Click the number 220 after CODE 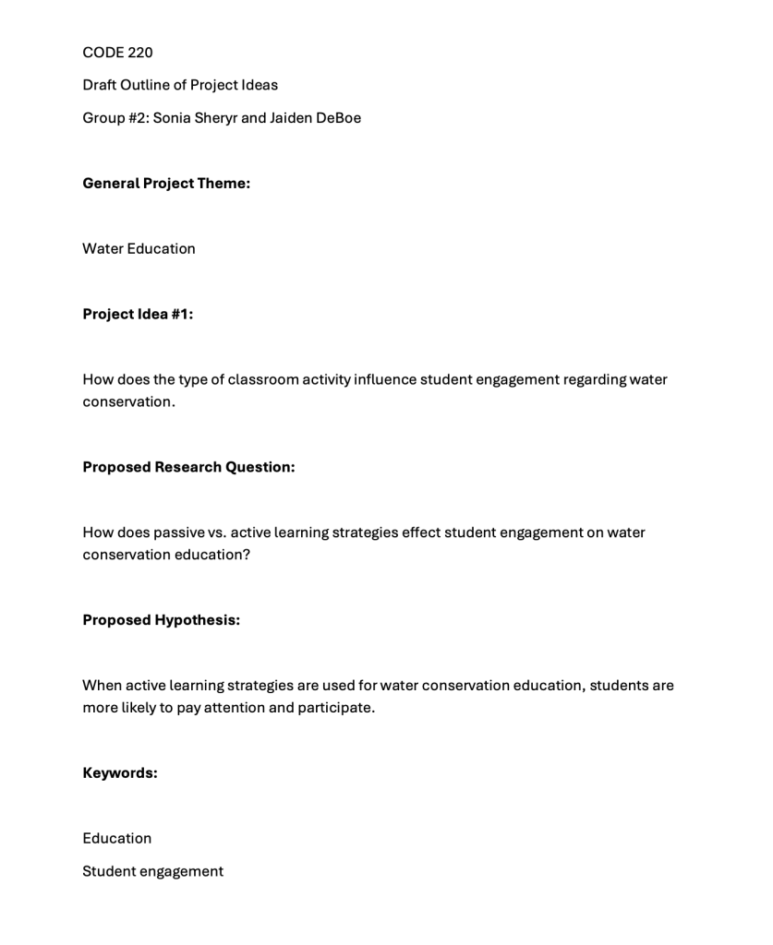click(x=140, y=53)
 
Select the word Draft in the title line click(x=99, y=85)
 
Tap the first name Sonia click(x=172, y=118)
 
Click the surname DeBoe click(x=338, y=118)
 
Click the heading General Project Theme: click(x=166, y=184)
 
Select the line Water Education click(x=139, y=248)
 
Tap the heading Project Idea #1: click(x=138, y=314)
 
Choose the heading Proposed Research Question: click(x=188, y=467)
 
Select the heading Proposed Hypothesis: click(x=161, y=620)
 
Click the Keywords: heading click(x=120, y=773)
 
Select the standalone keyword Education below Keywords click(x=117, y=838)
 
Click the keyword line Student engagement click(x=152, y=871)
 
